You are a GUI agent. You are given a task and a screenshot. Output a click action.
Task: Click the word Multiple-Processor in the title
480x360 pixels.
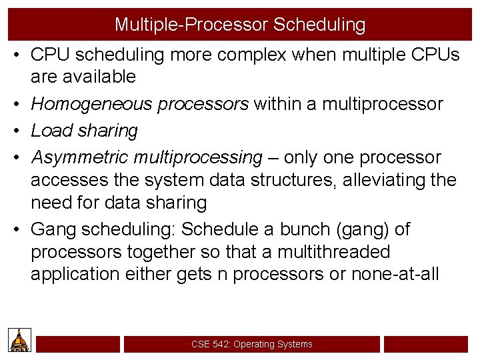(x=191, y=25)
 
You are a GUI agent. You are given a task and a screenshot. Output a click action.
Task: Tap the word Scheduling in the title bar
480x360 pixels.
(x=319, y=25)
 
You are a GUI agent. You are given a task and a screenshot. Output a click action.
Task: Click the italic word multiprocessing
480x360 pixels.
(x=198, y=157)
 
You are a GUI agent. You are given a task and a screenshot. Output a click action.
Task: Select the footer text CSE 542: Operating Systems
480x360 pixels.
(x=251, y=344)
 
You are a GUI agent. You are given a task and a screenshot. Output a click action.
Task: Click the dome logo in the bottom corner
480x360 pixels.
(x=18, y=341)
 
